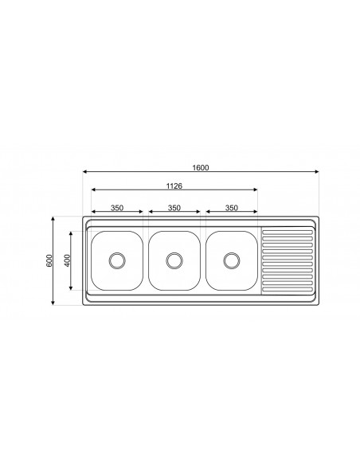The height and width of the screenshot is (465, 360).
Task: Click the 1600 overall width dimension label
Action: pos(200,167)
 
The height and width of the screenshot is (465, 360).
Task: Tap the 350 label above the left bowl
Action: pos(117,208)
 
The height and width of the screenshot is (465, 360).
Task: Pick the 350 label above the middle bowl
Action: pos(174,208)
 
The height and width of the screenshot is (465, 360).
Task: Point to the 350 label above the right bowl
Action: pos(232,208)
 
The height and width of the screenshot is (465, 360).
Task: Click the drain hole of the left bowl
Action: pos(117,260)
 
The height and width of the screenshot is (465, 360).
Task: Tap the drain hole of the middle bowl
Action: pos(174,260)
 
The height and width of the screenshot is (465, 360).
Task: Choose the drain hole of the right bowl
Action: pos(232,260)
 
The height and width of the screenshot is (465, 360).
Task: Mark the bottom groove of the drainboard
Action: pos(288,287)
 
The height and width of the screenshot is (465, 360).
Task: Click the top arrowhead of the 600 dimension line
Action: pos(54,218)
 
